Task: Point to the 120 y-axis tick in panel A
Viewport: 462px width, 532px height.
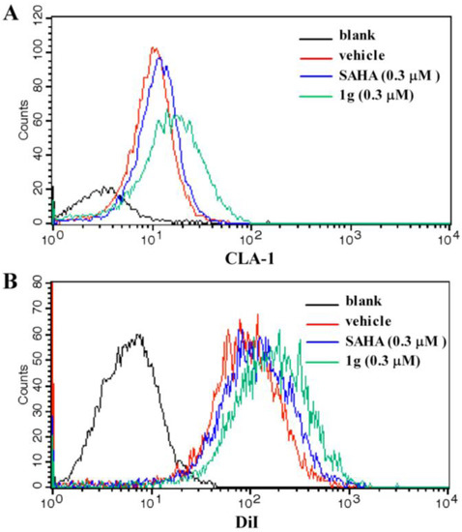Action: click(35, 14)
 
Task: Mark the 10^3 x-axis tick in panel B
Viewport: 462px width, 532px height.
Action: click(348, 502)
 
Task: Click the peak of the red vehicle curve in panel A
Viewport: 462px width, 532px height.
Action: click(154, 47)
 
